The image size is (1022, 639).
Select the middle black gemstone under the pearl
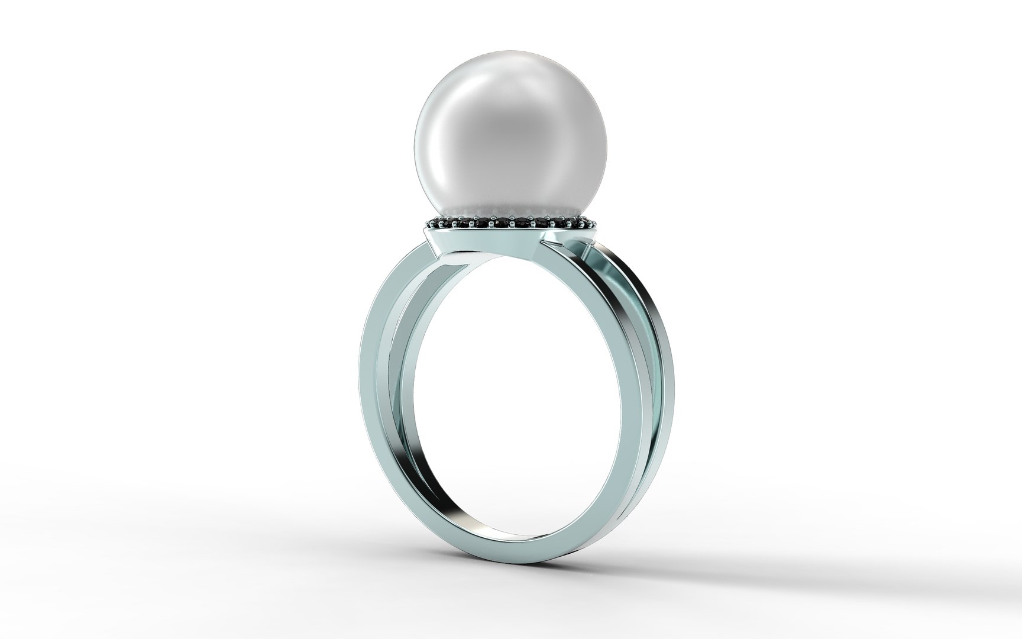pos(510,223)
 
